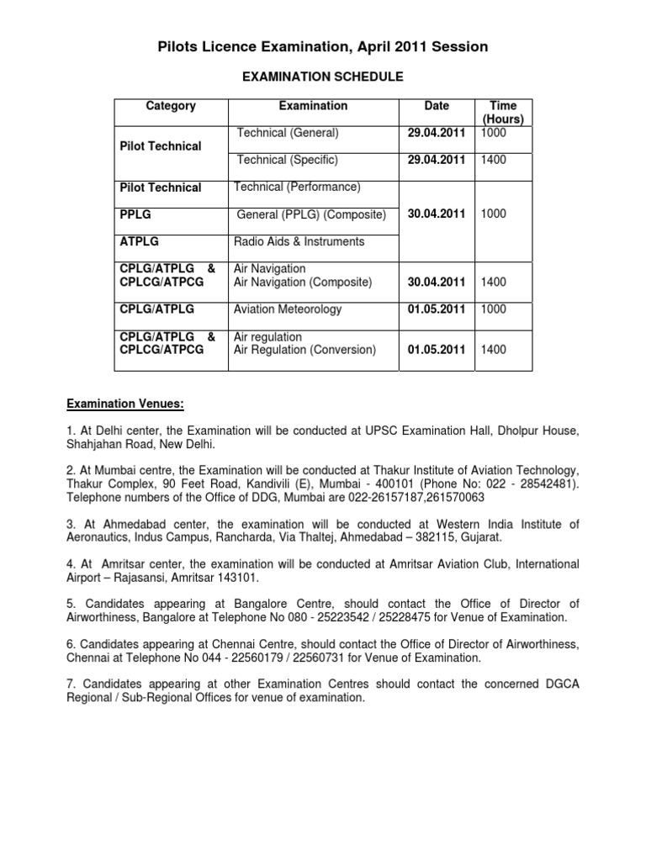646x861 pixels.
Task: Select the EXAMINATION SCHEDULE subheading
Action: [x=322, y=77]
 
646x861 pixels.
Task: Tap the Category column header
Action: [x=171, y=106]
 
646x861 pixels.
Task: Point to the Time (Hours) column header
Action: [x=503, y=113]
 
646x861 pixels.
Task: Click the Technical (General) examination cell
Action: [x=288, y=133]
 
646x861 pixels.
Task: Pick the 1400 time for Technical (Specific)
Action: [x=494, y=159]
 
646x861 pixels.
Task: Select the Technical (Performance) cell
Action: [x=298, y=186]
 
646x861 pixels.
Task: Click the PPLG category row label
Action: [x=137, y=214]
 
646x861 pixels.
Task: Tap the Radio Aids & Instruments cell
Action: [x=300, y=241]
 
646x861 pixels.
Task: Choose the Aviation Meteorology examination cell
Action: [x=288, y=309]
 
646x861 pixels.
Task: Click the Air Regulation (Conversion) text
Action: [x=304, y=350]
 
